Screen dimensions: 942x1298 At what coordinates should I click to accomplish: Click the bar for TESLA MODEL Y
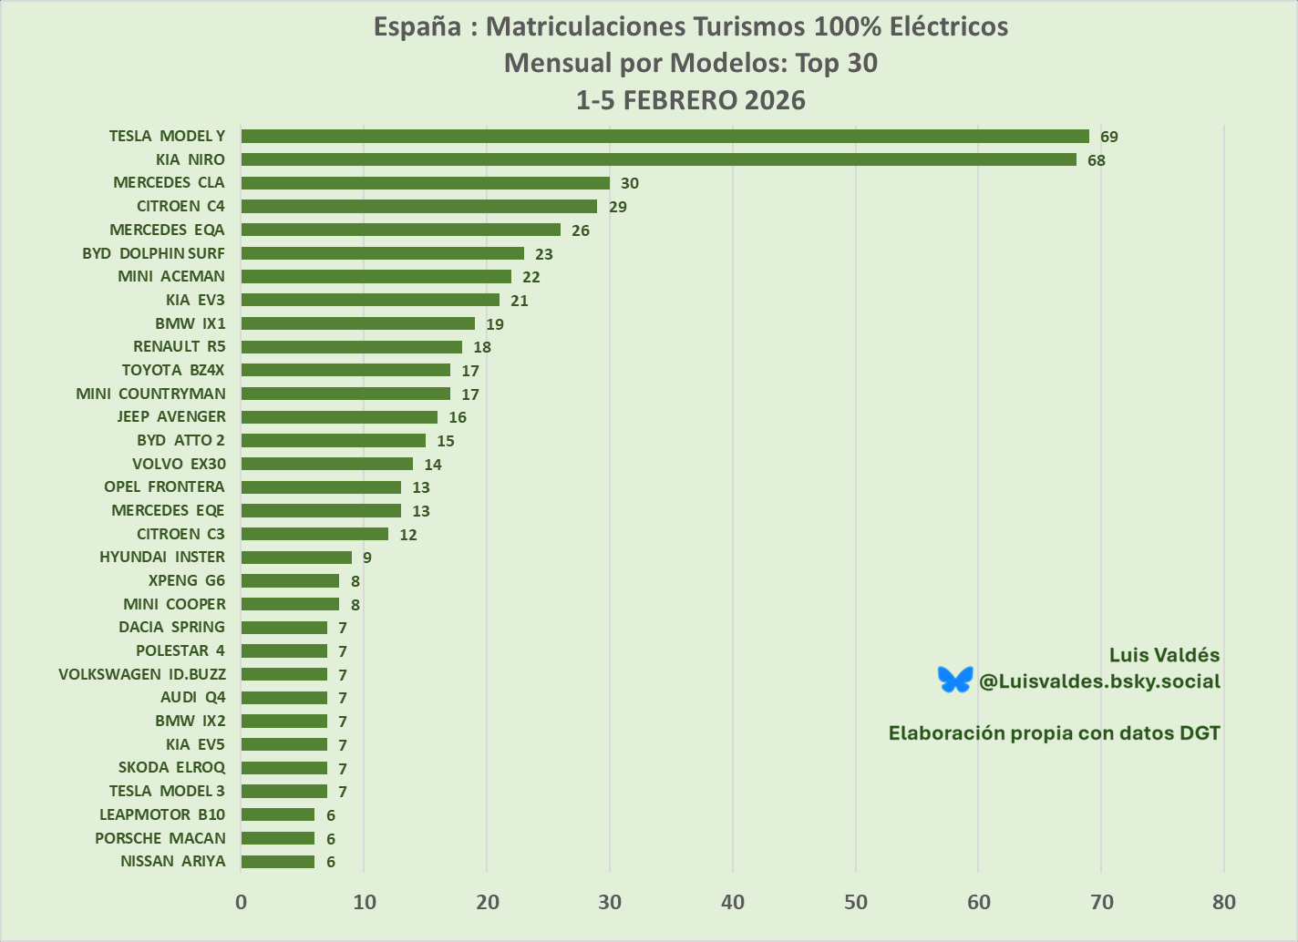pyautogui.click(x=664, y=137)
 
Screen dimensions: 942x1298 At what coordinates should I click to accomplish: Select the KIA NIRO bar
pyautogui.click(x=658, y=160)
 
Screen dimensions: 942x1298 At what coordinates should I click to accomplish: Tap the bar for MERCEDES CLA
pyautogui.click(x=425, y=183)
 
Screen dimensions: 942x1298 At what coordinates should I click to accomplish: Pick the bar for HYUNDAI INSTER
pyautogui.click(x=296, y=558)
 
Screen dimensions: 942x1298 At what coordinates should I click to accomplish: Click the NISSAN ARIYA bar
pyautogui.click(x=278, y=862)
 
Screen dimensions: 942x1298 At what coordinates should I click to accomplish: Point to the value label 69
pyautogui.click(x=1108, y=138)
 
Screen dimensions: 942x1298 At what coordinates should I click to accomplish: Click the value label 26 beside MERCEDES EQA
pyautogui.click(x=581, y=230)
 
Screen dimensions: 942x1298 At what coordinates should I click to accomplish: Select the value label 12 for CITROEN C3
pyautogui.click(x=408, y=535)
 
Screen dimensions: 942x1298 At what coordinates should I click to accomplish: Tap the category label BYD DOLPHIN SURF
pyautogui.click(x=153, y=253)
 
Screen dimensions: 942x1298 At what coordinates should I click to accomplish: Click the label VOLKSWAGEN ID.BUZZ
pyautogui.click(x=142, y=674)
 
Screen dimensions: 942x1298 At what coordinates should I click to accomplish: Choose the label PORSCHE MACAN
pyautogui.click(x=160, y=838)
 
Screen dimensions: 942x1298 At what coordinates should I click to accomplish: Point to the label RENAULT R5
pyautogui.click(x=180, y=346)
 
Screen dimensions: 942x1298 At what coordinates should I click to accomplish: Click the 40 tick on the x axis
pyautogui.click(x=733, y=902)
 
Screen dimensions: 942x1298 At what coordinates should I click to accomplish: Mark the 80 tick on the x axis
pyautogui.click(x=1224, y=902)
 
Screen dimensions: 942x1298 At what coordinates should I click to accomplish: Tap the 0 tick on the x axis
pyautogui.click(x=241, y=902)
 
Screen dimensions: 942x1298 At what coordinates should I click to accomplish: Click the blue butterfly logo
pyautogui.click(x=955, y=680)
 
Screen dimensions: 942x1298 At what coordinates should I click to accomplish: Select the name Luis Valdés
pyautogui.click(x=1164, y=655)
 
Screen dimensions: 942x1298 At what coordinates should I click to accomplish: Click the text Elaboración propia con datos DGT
pyautogui.click(x=1054, y=733)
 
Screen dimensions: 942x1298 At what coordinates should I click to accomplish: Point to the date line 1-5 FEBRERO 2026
pyautogui.click(x=690, y=100)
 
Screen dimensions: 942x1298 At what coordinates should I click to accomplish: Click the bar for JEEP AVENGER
pyautogui.click(x=339, y=417)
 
